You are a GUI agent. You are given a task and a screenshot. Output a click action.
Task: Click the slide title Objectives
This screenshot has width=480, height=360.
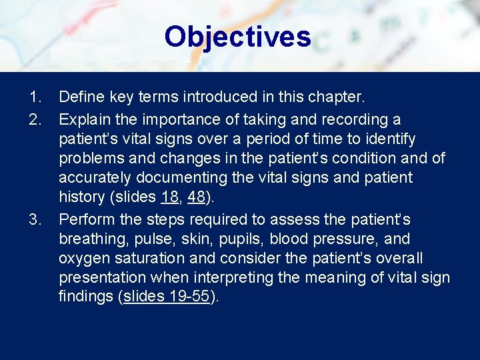(237, 37)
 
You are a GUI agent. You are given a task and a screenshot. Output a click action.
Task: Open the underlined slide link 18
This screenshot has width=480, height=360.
(170, 198)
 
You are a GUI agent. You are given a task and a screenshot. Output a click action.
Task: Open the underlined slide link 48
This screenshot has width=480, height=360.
(197, 198)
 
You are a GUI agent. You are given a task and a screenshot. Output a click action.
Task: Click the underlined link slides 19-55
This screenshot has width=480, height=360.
(167, 297)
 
